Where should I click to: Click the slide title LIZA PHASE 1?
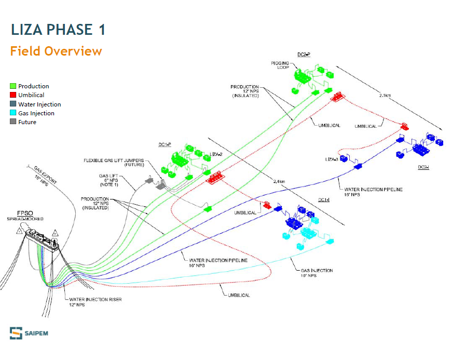click(58, 30)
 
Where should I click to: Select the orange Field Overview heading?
click(56, 51)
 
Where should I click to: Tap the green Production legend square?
click(13, 86)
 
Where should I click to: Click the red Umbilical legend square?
click(13, 95)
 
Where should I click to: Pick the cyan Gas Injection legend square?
click(13, 113)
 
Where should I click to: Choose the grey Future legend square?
click(13, 122)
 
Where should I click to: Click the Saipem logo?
click(28, 332)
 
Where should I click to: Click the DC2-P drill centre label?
click(304, 54)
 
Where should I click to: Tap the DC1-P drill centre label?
click(165, 144)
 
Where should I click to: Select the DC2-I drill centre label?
click(424, 167)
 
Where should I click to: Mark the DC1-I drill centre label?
click(324, 200)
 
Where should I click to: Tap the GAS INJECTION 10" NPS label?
click(317, 273)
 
